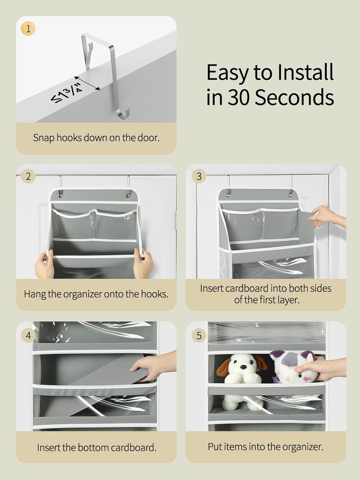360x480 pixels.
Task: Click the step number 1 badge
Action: coord(28,29)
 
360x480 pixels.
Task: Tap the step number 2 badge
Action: coord(28,176)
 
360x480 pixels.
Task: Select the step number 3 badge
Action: coord(199,176)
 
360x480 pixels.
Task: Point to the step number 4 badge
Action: coord(28,335)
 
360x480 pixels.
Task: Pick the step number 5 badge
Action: coord(199,335)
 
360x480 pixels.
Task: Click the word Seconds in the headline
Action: coord(294,97)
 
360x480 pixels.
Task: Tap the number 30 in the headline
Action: coord(238,97)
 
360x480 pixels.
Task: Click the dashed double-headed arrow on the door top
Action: coord(87,83)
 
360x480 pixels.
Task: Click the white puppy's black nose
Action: coord(242,367)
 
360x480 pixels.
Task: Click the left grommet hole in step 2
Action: coord(60,194)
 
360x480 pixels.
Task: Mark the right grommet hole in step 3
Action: coord(291,194)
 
